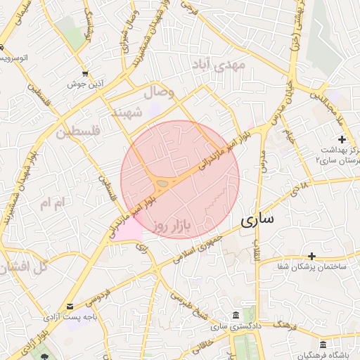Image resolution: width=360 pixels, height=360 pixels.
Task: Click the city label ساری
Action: (257, 220)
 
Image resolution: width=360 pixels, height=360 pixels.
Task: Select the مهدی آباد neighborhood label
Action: (219, 65)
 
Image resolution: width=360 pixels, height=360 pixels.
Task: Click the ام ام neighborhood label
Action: (53, 204)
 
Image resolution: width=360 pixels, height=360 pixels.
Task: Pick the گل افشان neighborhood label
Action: (22, 267)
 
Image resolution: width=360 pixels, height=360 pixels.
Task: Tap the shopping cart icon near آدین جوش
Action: (85, 73)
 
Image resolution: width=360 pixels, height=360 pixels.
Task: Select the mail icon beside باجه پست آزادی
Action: (70, 307)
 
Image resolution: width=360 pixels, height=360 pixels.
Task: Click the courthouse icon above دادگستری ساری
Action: (234, 314)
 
